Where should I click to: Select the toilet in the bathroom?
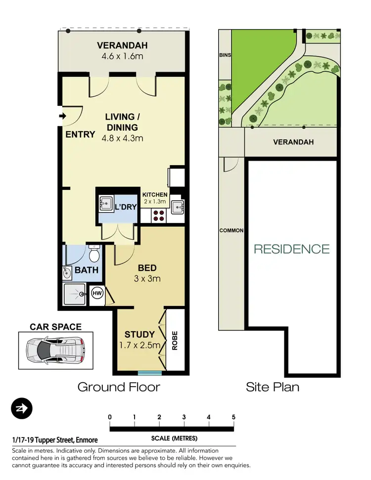(93, 255)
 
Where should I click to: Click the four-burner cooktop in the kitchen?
(159, 215)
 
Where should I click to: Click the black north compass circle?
(22, 408)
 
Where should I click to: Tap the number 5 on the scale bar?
(233, 417)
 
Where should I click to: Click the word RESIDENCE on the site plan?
(291, 249)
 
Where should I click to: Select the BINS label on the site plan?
(225, 56)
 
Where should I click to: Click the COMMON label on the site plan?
(232, 231)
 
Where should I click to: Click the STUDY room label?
(140, 335)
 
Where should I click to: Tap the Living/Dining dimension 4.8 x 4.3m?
(123, 138)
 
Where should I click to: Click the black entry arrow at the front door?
(62, 117)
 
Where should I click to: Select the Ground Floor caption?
(119, 387)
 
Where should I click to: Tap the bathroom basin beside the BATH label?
(67, 272)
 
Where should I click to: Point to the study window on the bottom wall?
(150, 373)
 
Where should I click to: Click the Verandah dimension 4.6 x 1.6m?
(122, 56)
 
